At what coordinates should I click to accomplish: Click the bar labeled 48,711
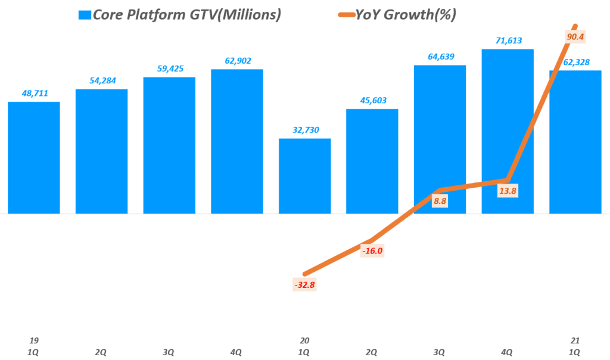point(33,158)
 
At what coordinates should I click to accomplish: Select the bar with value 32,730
point(304,176)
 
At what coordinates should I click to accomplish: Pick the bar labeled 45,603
point(372,161)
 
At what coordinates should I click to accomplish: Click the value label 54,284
point(101,80)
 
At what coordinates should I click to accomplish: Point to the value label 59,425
point(169,69)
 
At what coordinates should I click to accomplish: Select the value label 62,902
point(236,61)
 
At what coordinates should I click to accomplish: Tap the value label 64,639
point(440,57)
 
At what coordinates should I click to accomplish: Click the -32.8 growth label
point(304,285)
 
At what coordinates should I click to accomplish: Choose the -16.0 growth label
point(372,251)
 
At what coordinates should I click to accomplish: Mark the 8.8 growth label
point(440,201)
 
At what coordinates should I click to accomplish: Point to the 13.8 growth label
point(508,190)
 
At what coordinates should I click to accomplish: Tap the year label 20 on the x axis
point(304,340)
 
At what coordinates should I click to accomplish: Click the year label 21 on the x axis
point(575,340)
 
